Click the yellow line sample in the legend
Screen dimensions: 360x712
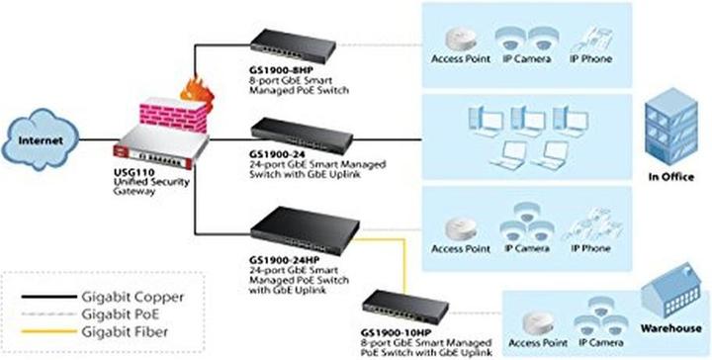coord(49,330)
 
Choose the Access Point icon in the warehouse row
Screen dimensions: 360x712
coord(534,318)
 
